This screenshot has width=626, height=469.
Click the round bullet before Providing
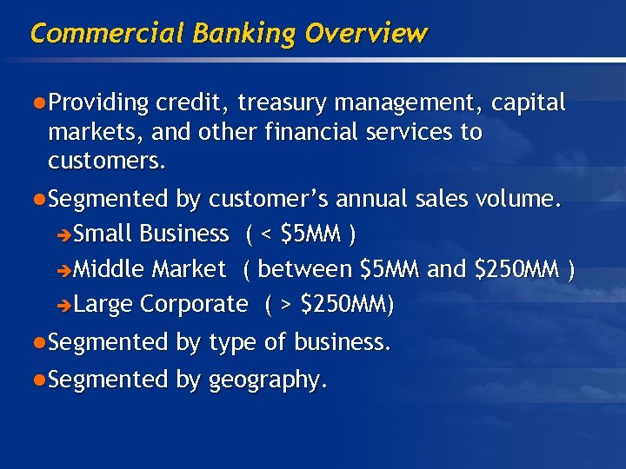(39, 103)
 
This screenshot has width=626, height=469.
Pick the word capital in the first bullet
(529, 103)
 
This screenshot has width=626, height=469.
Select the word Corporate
(194, 305)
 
